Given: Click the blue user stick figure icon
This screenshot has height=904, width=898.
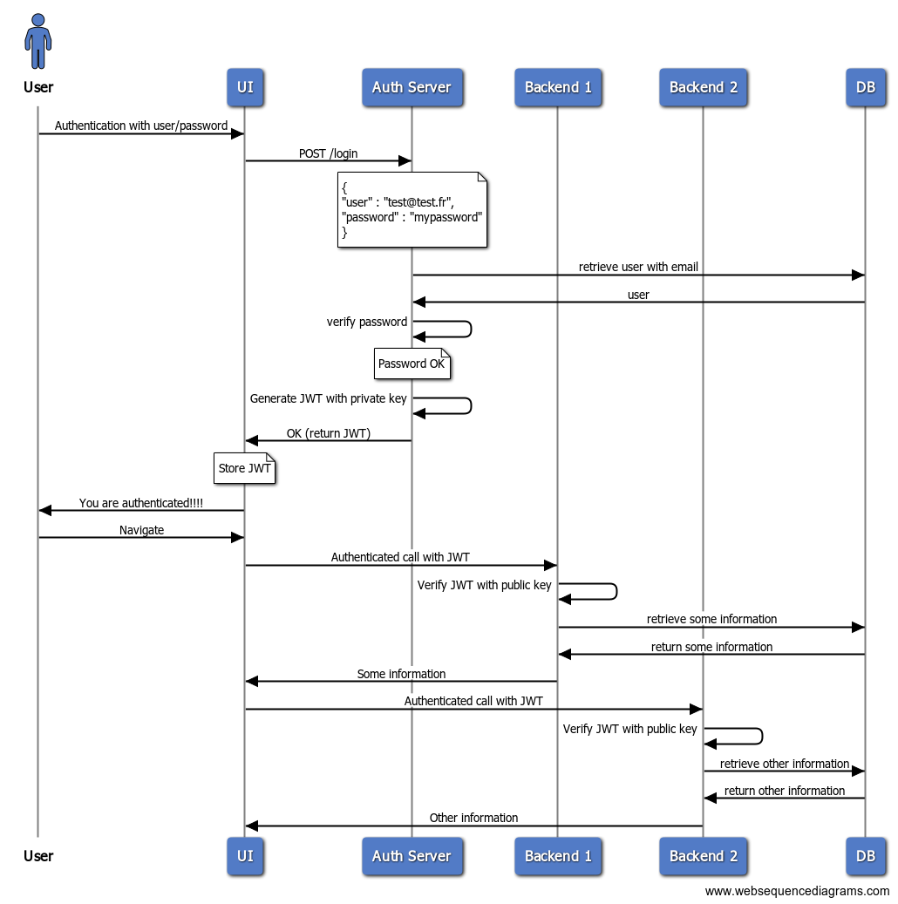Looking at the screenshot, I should [x=37, y=41].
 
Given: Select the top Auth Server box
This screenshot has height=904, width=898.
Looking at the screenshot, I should [x=412, y=87].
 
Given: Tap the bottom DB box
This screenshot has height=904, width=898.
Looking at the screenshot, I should [x=865, y=856].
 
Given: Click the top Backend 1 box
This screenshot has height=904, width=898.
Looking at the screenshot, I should [x=558, y=87].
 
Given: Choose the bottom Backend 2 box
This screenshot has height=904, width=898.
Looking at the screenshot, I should [x=703, y=856].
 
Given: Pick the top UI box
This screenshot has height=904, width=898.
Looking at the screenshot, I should [x=245, y=87].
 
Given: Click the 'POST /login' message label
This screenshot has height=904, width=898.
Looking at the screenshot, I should [x=328, y=153].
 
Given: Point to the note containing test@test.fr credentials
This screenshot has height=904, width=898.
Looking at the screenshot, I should [x=412, y=209].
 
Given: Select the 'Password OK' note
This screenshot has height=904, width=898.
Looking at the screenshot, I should [x=412, y=364].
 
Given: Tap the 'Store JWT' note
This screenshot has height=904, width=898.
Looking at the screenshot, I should [x=245, y=468].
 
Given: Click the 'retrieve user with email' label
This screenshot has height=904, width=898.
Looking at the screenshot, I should [x=638, y=267].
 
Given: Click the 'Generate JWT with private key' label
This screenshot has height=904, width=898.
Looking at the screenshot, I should [x=328, y=398].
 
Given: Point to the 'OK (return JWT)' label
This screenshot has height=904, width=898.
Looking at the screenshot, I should [x=328, y=433].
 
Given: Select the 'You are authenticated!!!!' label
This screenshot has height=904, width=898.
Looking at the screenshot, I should [x=141, y=503].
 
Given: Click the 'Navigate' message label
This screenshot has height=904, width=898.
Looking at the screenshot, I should [x=141, y=529].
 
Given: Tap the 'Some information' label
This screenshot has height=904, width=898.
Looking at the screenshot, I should [x=401, y=674].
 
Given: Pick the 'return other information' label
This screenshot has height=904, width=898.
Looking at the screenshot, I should [x=784, y=791].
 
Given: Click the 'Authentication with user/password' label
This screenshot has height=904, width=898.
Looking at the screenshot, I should [x=141, y=126].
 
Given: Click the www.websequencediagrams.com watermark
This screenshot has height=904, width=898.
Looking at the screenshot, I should [x=797, y=891].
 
